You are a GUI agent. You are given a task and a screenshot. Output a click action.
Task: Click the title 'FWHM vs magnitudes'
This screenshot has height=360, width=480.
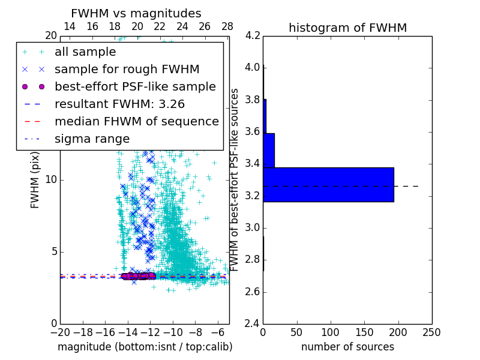point(136,14)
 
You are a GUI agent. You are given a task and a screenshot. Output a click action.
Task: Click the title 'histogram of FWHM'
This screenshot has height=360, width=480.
point(347,28)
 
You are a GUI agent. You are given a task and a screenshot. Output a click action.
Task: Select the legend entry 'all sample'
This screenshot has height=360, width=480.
point(85,52)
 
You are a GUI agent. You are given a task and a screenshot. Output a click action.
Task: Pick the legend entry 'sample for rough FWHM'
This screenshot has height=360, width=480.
point(127,69)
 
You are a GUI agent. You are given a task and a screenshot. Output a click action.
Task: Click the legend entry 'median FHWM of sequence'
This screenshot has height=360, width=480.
point(136,121)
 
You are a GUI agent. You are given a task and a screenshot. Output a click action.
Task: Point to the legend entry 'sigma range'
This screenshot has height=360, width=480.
point(92,139)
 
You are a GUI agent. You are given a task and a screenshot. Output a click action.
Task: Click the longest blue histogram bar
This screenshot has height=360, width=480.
point(328,184)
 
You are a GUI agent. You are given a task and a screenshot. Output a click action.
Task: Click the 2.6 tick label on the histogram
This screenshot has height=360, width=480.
point(253,292)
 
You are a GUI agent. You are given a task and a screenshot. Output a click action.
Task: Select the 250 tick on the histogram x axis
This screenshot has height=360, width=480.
point(431,332)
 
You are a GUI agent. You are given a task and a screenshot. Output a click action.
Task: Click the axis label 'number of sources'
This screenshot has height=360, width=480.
point(347,347)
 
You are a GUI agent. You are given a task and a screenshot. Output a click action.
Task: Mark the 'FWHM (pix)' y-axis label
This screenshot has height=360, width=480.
point(35,179)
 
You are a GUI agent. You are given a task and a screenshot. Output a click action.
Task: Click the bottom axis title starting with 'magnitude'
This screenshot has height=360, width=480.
point(145,347)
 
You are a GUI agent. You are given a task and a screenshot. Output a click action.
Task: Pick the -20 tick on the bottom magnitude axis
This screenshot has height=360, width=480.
point(60,332)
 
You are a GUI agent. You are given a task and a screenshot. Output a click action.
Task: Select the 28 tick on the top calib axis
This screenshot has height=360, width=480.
point(227,26)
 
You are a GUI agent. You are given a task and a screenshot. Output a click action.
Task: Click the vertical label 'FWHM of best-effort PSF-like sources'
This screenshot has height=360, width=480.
point(235,179)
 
